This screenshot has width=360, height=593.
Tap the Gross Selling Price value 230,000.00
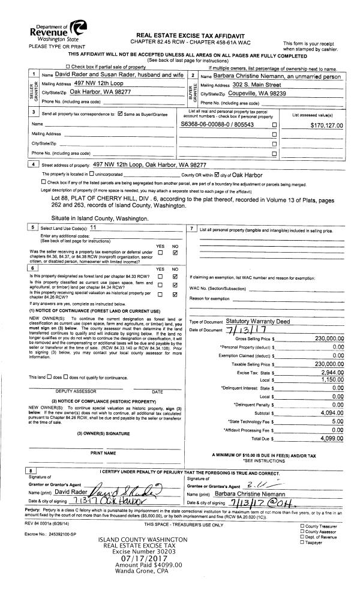click(323, 339)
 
